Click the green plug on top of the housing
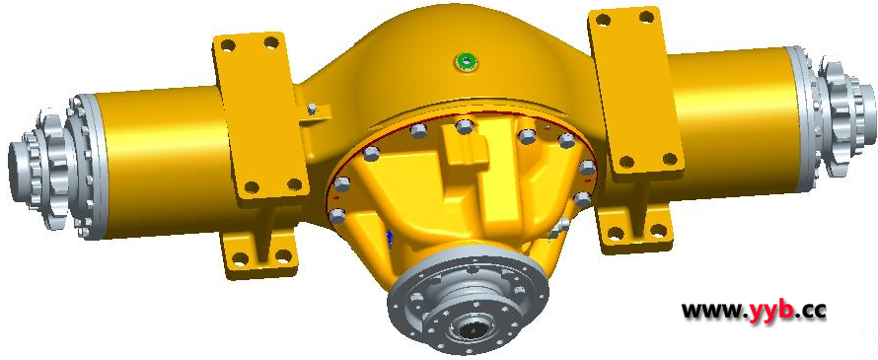467,61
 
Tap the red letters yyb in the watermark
772,310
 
